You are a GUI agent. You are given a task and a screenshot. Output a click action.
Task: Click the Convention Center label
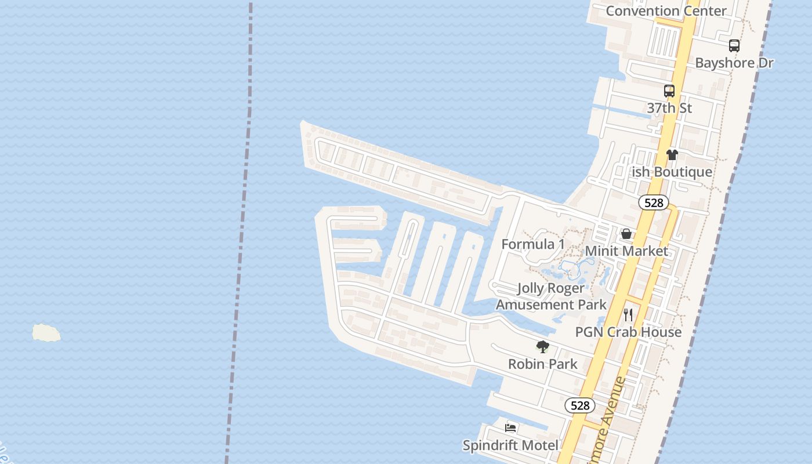[x=666, y=11]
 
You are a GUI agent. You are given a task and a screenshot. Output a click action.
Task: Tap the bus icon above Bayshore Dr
[x=734, y=45]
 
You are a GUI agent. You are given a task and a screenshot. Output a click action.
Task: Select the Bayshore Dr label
[x=734, y=63]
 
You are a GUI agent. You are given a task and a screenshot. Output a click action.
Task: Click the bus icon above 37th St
[x=669, y=91]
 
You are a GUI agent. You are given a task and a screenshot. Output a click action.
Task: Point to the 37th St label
[x=669, y=108]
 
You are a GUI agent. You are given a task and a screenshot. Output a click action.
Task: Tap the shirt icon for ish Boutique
[x=672, y=155]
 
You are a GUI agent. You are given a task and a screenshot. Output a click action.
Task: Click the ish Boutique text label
[x=672, y=172]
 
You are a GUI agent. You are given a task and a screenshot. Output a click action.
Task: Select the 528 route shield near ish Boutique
[x=654, y=202]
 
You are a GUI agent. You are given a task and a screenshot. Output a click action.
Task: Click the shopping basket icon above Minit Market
[x=626, y=234]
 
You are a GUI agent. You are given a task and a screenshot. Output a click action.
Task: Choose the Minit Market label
[x=626, y=251]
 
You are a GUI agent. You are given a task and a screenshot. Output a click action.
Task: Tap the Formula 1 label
[x=532, y=244]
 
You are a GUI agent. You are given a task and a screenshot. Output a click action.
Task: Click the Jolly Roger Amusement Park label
[x=551, y=296]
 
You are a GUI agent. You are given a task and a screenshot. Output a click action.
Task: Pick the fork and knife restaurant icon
[x=628, y=315]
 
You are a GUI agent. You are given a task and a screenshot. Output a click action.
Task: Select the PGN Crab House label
[x=628, y=332]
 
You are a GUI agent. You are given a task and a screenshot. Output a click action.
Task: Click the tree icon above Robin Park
[x=543, y=347]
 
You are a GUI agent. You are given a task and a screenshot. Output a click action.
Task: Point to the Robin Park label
[x=543, y=364]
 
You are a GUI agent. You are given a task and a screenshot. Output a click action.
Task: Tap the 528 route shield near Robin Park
[x=580, y=405]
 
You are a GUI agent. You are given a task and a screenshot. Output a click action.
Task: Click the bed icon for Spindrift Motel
[x=510, y=428]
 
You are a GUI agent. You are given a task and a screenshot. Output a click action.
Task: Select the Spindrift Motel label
[x=510, y=445]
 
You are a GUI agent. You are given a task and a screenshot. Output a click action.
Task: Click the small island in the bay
[x=46, y=333]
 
